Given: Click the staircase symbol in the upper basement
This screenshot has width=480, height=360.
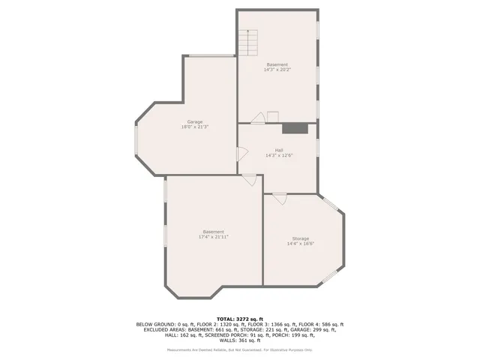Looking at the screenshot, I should [248, 43].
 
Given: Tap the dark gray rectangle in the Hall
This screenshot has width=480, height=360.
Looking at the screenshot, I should [299, 128].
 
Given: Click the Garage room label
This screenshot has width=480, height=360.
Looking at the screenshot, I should [194, 122].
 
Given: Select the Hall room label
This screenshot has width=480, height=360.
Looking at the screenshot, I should [278, 150].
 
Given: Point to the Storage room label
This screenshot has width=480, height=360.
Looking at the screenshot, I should [300, 238].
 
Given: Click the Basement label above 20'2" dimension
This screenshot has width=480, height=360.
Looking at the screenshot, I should [277, 64].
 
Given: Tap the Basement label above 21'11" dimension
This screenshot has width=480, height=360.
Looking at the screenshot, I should [213, 232].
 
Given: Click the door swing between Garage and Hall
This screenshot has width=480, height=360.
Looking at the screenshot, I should [241, 154].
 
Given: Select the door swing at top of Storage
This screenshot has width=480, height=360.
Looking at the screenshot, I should [279, 199].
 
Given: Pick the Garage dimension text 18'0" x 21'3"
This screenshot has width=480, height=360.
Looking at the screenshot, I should [194, 127].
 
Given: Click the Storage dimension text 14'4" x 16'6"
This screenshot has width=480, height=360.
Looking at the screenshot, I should [300, 244].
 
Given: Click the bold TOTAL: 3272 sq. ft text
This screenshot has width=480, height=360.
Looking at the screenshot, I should [239, 319].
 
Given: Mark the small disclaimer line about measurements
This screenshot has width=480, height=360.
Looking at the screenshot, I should [239, 349].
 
